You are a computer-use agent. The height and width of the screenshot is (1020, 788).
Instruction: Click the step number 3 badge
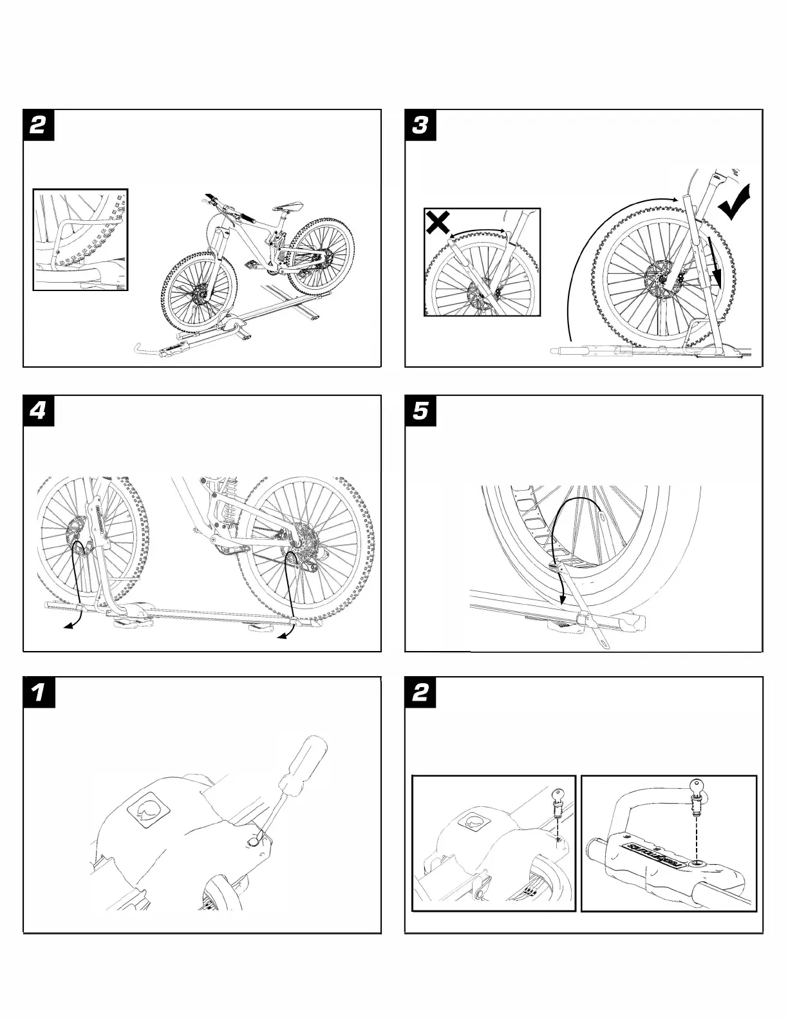click(x=420, y=125)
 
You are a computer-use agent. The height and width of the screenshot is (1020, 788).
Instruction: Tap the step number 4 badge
click(x=38, y=410)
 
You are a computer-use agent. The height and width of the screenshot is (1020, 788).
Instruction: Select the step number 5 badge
click(x=420, y=410)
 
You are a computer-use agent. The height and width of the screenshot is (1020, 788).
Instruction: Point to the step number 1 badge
click(x=38, y=693)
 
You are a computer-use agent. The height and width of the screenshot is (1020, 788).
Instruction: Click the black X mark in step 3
click(x=438, y=223)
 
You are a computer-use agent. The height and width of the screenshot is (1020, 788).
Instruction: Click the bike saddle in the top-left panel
click(x=288, y=205)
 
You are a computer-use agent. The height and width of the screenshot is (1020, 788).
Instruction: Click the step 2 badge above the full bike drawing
click(x=38, y=125)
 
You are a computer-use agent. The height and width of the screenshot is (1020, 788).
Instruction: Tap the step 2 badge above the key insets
click(x=420, y=693)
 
